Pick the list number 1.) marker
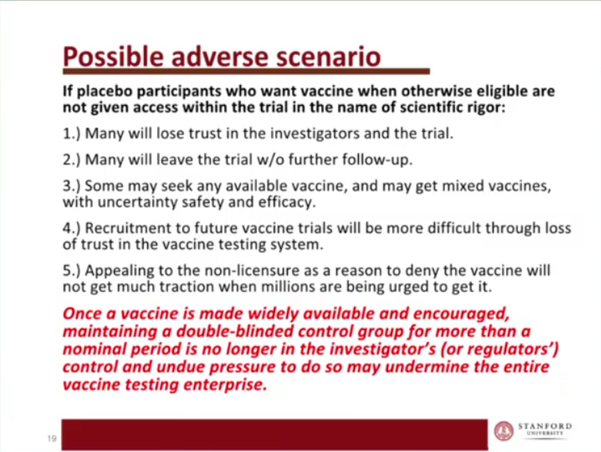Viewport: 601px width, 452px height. pyautogui.click(x=72, y=133)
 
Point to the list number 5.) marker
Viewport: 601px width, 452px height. pyautogui.click(x=72, y=271)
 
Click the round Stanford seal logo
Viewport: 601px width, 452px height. pyautogui.click(x=504, y=431)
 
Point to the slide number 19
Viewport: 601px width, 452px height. pyautogui.click(x=52, y=438)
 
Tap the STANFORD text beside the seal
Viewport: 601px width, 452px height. pyautogui.click(x=545, y=426)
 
